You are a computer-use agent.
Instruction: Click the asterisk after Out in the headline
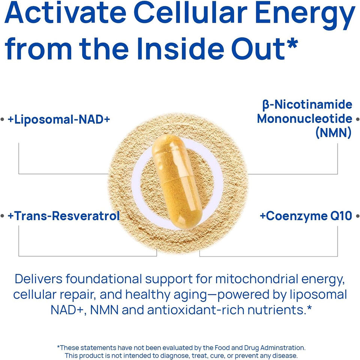(x=292, y=44)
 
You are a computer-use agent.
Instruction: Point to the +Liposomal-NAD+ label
(x=59, y=120)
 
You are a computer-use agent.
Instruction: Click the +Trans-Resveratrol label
(x=64, y=216)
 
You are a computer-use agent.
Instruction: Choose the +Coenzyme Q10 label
(x=306, y=216)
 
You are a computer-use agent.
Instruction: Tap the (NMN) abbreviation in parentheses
(x=333, y=132)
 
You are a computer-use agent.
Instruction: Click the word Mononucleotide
(x=304, y=119)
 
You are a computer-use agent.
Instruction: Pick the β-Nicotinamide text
(x=307, y=105)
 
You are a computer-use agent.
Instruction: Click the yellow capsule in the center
(x=177, y=181)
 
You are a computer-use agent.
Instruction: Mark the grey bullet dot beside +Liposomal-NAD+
(x=3, y=119)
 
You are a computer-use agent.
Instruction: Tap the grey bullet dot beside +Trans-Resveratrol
(x=3, y=216)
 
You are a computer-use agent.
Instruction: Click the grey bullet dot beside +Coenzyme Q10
(x=357, y=216)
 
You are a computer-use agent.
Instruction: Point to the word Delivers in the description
(x=39, y=279)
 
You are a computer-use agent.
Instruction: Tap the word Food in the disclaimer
(x=222, y=348)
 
